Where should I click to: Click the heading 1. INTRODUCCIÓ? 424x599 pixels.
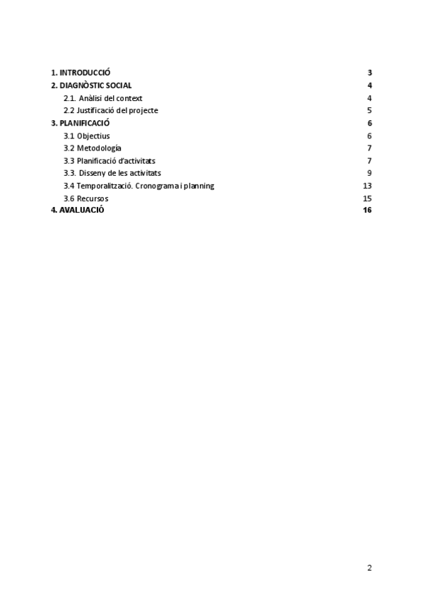81,73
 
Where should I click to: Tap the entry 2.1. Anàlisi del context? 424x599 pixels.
103,98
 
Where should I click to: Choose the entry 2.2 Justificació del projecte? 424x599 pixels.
110,110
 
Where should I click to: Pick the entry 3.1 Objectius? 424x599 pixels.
87,136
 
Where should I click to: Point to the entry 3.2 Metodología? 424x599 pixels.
93,148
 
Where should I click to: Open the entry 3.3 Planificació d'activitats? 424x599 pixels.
110,160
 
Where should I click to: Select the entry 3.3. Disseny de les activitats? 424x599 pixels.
112,173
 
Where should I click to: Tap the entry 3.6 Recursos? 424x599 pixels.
86,198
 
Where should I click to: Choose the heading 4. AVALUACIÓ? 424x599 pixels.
78,210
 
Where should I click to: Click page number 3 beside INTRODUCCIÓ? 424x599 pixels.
370,73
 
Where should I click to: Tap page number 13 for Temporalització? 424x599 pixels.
367,186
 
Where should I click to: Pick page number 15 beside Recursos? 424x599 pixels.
367,198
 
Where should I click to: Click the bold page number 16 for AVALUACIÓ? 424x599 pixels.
367,210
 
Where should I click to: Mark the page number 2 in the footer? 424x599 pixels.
370,567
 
